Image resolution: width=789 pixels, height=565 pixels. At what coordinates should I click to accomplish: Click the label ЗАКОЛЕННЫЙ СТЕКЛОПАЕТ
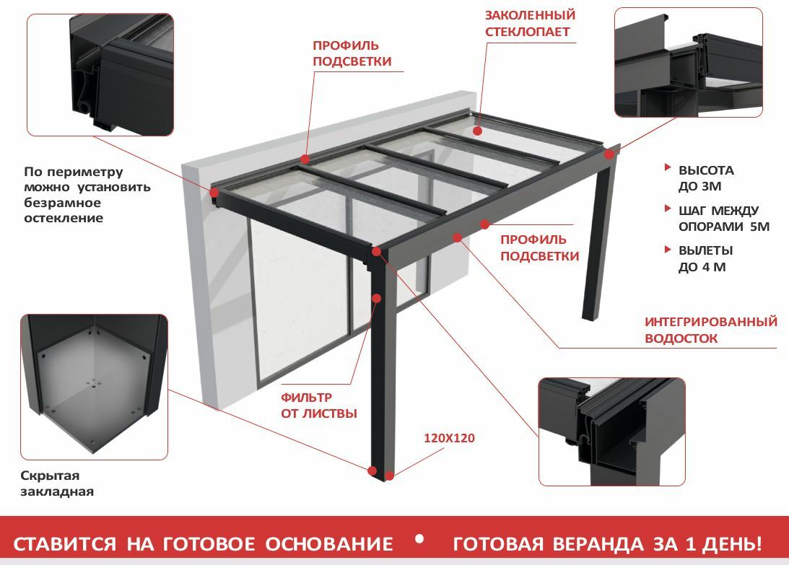point(530,23)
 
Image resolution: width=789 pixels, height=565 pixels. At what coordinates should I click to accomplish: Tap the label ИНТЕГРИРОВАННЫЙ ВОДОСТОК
point(710,330)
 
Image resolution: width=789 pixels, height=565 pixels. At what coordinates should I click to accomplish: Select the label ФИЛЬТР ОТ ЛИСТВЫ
point(318,406)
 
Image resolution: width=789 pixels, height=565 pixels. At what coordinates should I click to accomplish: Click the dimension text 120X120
point(449,438)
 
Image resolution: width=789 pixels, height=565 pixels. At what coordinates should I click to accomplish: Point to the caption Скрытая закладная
point(57,483)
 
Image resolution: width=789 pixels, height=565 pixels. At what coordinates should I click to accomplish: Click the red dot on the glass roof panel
point(478,131)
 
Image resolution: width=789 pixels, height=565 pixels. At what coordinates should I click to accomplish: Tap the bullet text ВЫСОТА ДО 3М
point(706,178)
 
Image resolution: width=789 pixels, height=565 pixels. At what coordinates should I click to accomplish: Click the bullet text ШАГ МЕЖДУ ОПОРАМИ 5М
point(724,219)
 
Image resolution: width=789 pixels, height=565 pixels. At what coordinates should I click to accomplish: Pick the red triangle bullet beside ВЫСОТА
point(668,167)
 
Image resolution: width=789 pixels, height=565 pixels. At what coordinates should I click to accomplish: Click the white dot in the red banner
point(419,539)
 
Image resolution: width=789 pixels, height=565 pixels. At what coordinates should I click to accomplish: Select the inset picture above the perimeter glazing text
point(100,74)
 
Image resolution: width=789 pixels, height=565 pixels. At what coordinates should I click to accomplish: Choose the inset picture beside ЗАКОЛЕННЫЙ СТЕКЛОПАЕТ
point(689,62)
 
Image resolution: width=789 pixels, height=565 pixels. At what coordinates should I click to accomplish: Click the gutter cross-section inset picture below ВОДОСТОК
point(612,432)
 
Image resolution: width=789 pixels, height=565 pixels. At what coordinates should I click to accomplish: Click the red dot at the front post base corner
point(372,471)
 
